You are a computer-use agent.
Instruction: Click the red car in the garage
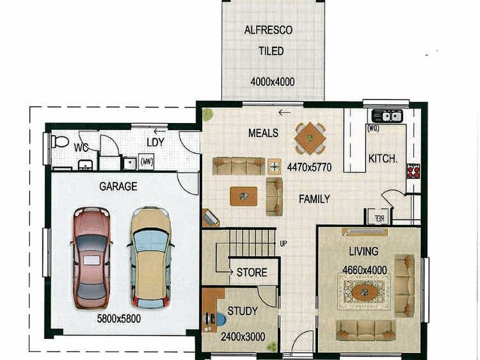pos(91,257)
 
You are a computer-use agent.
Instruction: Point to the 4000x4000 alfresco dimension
pos(273,82)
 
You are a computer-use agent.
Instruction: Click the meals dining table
pos(310,138)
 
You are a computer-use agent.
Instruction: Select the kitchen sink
pos(388,116)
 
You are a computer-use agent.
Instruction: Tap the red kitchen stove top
pos(413,172)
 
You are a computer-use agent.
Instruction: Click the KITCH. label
pos(383,159)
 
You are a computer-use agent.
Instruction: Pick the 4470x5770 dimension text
pos(308,166)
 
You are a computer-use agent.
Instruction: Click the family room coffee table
pos(244,196)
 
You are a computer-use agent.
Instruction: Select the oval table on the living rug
pos(364,292)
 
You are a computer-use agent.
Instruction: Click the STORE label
pos(251,272)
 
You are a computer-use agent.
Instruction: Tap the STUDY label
pos(242,311)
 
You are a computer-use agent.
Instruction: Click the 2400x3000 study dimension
pos(244,337)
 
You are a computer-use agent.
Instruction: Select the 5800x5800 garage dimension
pos(119,319)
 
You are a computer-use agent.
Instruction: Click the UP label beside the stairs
pos(284,244)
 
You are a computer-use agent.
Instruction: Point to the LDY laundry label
pos(155,142)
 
